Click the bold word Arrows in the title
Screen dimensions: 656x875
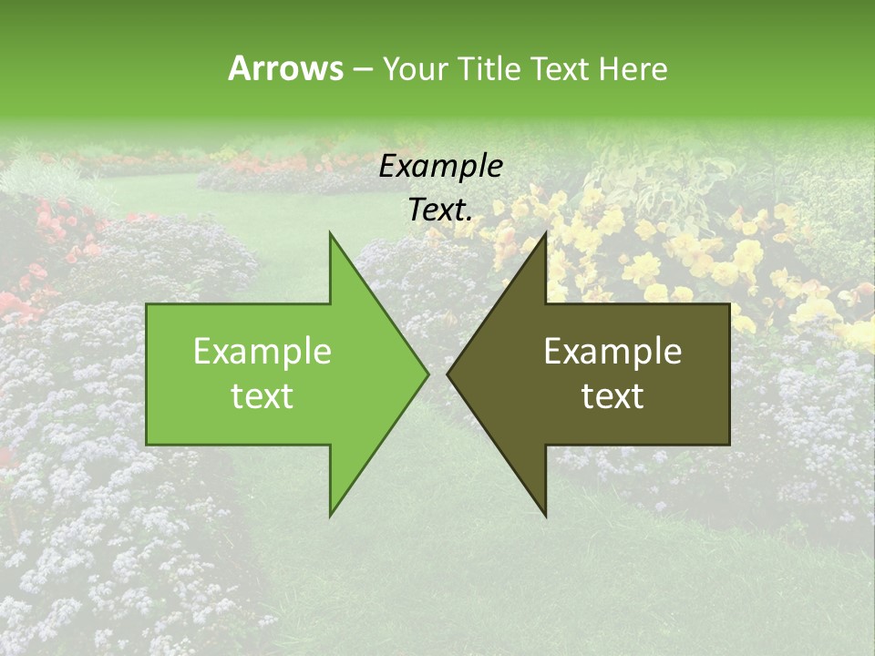[x=285, y=68]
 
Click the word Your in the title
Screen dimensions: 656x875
[x=415, y=68]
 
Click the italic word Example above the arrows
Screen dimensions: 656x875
[x=440, y=167]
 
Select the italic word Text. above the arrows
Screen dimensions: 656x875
[x=440, y=210]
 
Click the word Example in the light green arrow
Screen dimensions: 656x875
[x=262, y=352]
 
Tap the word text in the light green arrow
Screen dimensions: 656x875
[x=262, y=396]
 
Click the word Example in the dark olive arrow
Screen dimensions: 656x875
[x=612, y=352]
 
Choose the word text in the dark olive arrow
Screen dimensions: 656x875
[x=612, y=396]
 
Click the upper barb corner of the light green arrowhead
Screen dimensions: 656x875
[x=330, y=233]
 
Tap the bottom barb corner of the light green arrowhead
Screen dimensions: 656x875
[x=330, y=515]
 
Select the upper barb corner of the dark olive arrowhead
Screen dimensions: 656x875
[x=545, y=233]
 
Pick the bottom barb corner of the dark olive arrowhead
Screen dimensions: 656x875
[x=545, y=515]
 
